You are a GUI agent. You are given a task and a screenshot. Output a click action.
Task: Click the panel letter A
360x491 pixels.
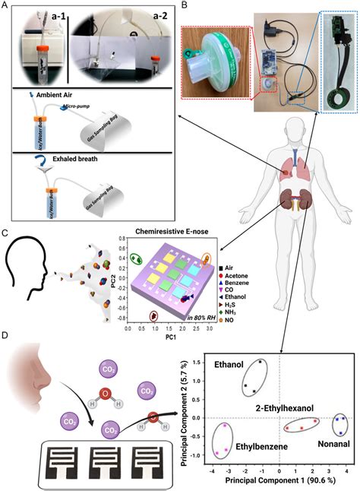(x=6, y=7)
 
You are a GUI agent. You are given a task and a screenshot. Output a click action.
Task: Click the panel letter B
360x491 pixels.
(x=183, y=7)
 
